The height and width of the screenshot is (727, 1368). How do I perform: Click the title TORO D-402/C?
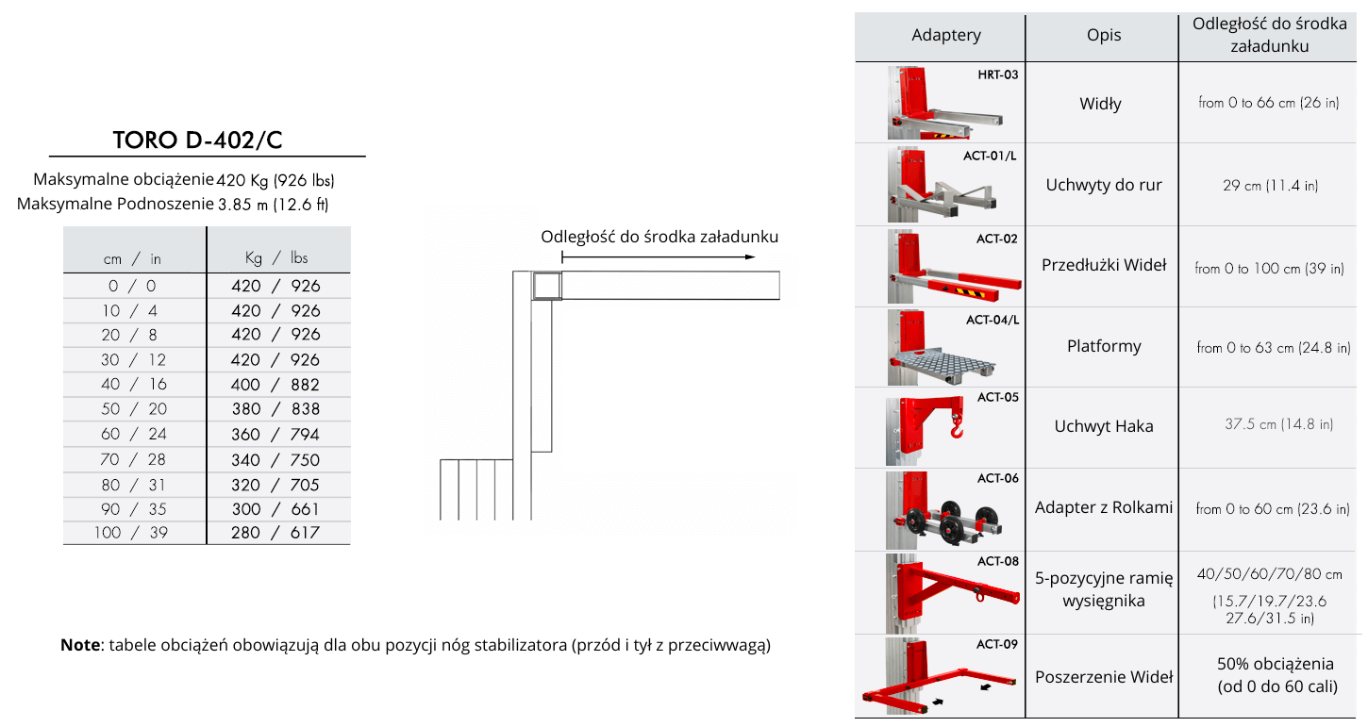[197, 140]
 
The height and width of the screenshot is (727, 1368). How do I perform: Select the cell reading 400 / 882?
[275, 385]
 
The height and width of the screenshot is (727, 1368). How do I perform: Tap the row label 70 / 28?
[134, 459]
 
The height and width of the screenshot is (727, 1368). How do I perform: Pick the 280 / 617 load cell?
[275, 533]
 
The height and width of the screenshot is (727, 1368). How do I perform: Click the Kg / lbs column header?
[276, 257]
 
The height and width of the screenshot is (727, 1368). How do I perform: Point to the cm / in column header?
[132, 258]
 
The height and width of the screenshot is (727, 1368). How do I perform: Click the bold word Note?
[80, 645]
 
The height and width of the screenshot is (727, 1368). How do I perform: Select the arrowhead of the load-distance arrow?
[751, 257]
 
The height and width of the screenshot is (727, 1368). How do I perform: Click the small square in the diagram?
[546, 285]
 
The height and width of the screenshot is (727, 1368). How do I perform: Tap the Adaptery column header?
[946, 35]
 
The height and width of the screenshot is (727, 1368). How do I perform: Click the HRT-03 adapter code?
[998, 74]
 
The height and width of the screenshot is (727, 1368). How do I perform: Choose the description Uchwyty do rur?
[1104, 185]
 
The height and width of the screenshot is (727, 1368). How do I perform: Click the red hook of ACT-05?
[957, 425]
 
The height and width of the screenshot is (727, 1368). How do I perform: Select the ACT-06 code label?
[998, 478]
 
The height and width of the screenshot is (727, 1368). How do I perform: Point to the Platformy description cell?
[1104, 346]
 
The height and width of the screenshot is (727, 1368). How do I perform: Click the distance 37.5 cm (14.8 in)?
[1278, 423]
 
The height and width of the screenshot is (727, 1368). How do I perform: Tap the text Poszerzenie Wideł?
[1104, 677]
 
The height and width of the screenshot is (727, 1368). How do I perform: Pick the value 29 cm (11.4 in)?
[1270, 186]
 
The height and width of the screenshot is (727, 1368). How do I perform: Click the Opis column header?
[1104, 35]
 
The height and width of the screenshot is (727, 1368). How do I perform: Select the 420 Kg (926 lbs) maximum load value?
[275, 180]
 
